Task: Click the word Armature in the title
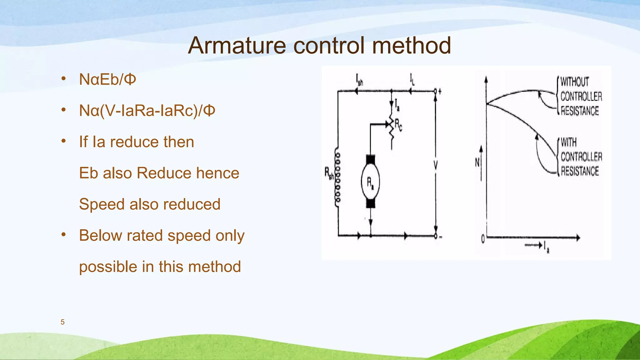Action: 237,46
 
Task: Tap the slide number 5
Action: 62,322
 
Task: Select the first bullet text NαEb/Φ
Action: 107,79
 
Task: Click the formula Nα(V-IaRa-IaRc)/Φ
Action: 147,111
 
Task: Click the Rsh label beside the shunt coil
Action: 329,173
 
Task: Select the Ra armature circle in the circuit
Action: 370,182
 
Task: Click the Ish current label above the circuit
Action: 359,80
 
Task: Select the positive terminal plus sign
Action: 440,92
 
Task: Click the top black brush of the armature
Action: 370,160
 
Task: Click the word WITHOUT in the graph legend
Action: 574,82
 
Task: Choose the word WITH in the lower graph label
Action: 568,142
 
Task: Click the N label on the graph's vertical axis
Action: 477,162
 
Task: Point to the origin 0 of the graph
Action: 483,239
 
